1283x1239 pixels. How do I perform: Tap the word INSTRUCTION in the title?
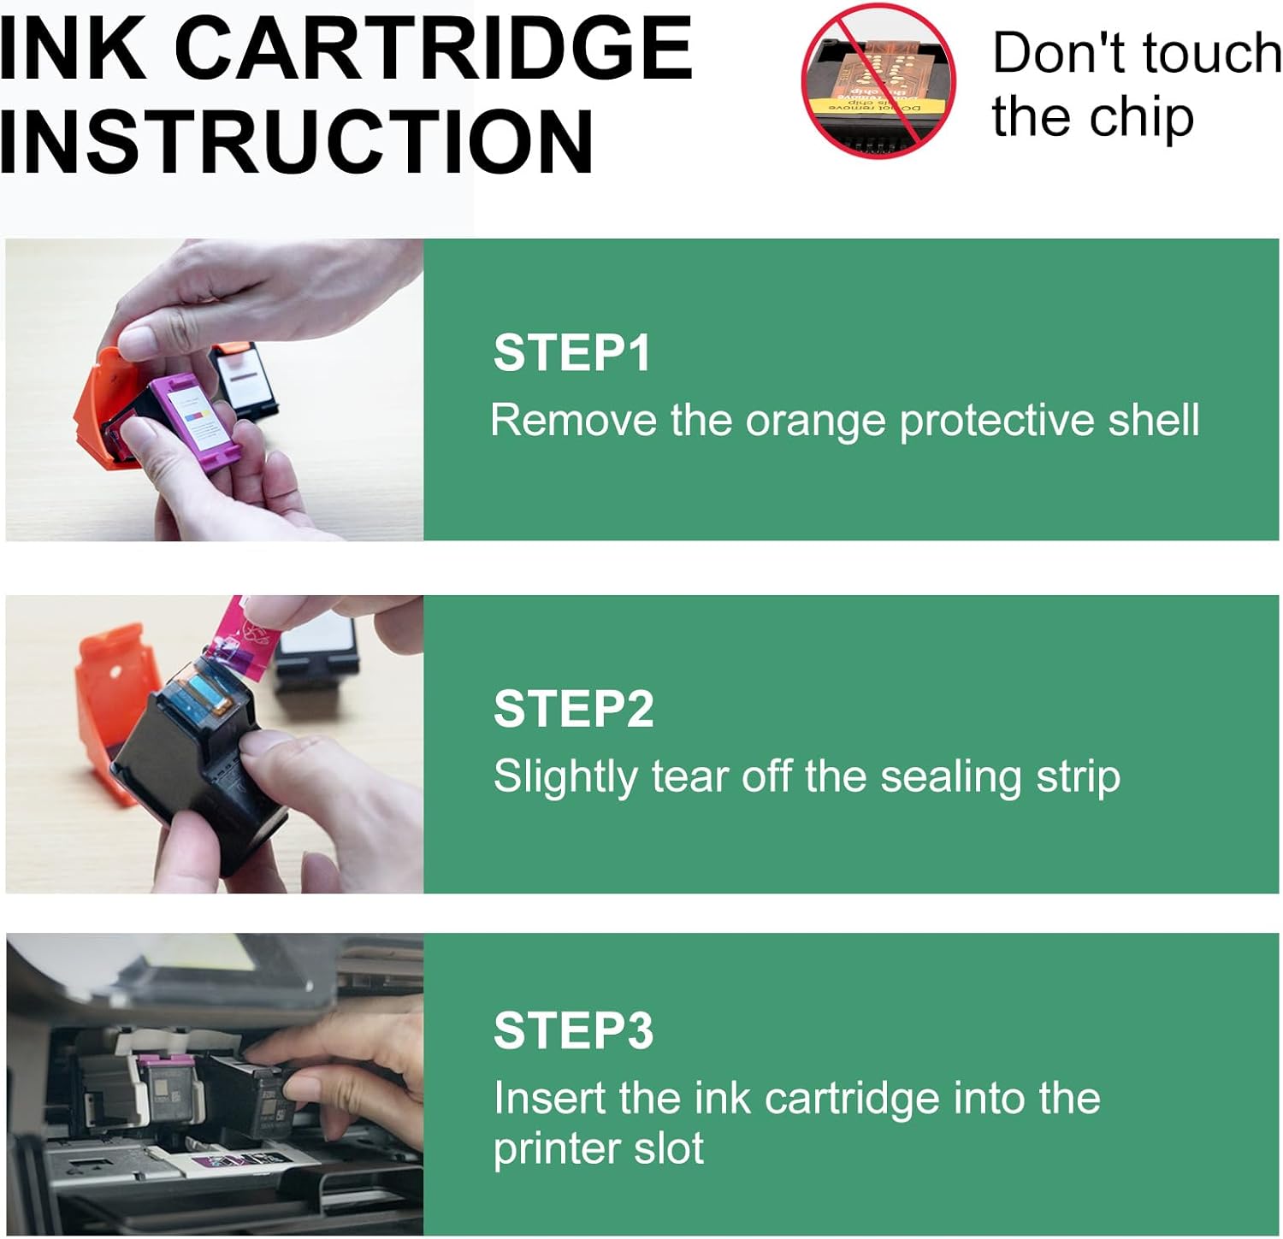297,141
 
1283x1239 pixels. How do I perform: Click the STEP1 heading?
572,353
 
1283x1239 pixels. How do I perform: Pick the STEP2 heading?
573,709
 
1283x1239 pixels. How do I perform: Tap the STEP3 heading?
573,1030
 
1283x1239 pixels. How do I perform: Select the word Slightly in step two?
565,777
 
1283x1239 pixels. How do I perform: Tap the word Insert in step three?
548,1098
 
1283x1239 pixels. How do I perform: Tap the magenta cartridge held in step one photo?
180,419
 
